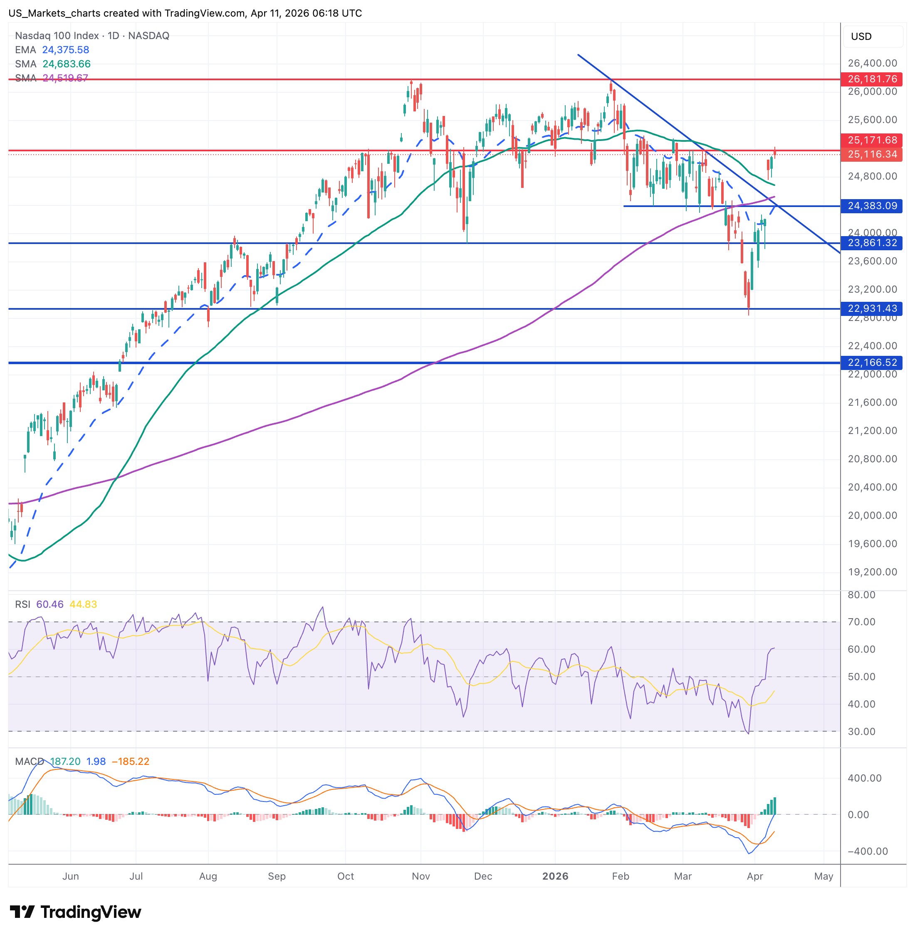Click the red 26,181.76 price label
click(x=872, y=79)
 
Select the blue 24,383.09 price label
click(x=872, y=206)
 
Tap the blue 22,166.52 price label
click(x=872, y=362)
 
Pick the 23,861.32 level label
click(x=872, y=243)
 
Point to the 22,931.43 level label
click(x=872, y=308)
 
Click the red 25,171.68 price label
click(x=872, y=140)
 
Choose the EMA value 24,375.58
click(x=65, y=50)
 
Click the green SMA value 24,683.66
click(x=66, y=64)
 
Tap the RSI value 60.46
click(x=50, y=604)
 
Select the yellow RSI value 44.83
click(x=83, y=604)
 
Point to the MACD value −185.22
click(x=130, y=761)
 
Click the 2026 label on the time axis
click(x=555, y=876)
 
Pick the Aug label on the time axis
click(x=208, y=876)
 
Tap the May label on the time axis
click(x=823, y=876)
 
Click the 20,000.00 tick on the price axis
click(x=872, y=515)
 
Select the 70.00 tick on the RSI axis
click(x=861, y=622)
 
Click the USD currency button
click(x=861, y=37)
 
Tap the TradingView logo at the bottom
click(x=75, y=912)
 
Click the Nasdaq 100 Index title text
click(x=57, y=35)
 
